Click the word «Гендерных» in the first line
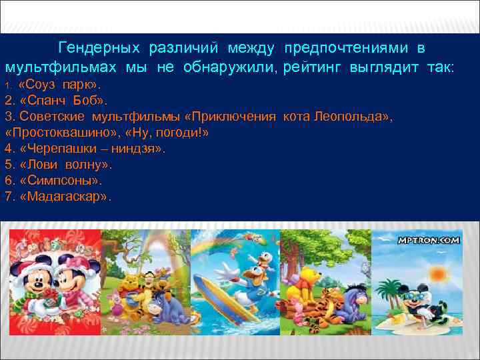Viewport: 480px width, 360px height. (99, 49)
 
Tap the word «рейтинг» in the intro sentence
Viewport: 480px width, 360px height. (313, 68)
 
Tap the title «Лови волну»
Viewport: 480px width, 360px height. (65, 165)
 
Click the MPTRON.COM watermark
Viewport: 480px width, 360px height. (429, 240)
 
